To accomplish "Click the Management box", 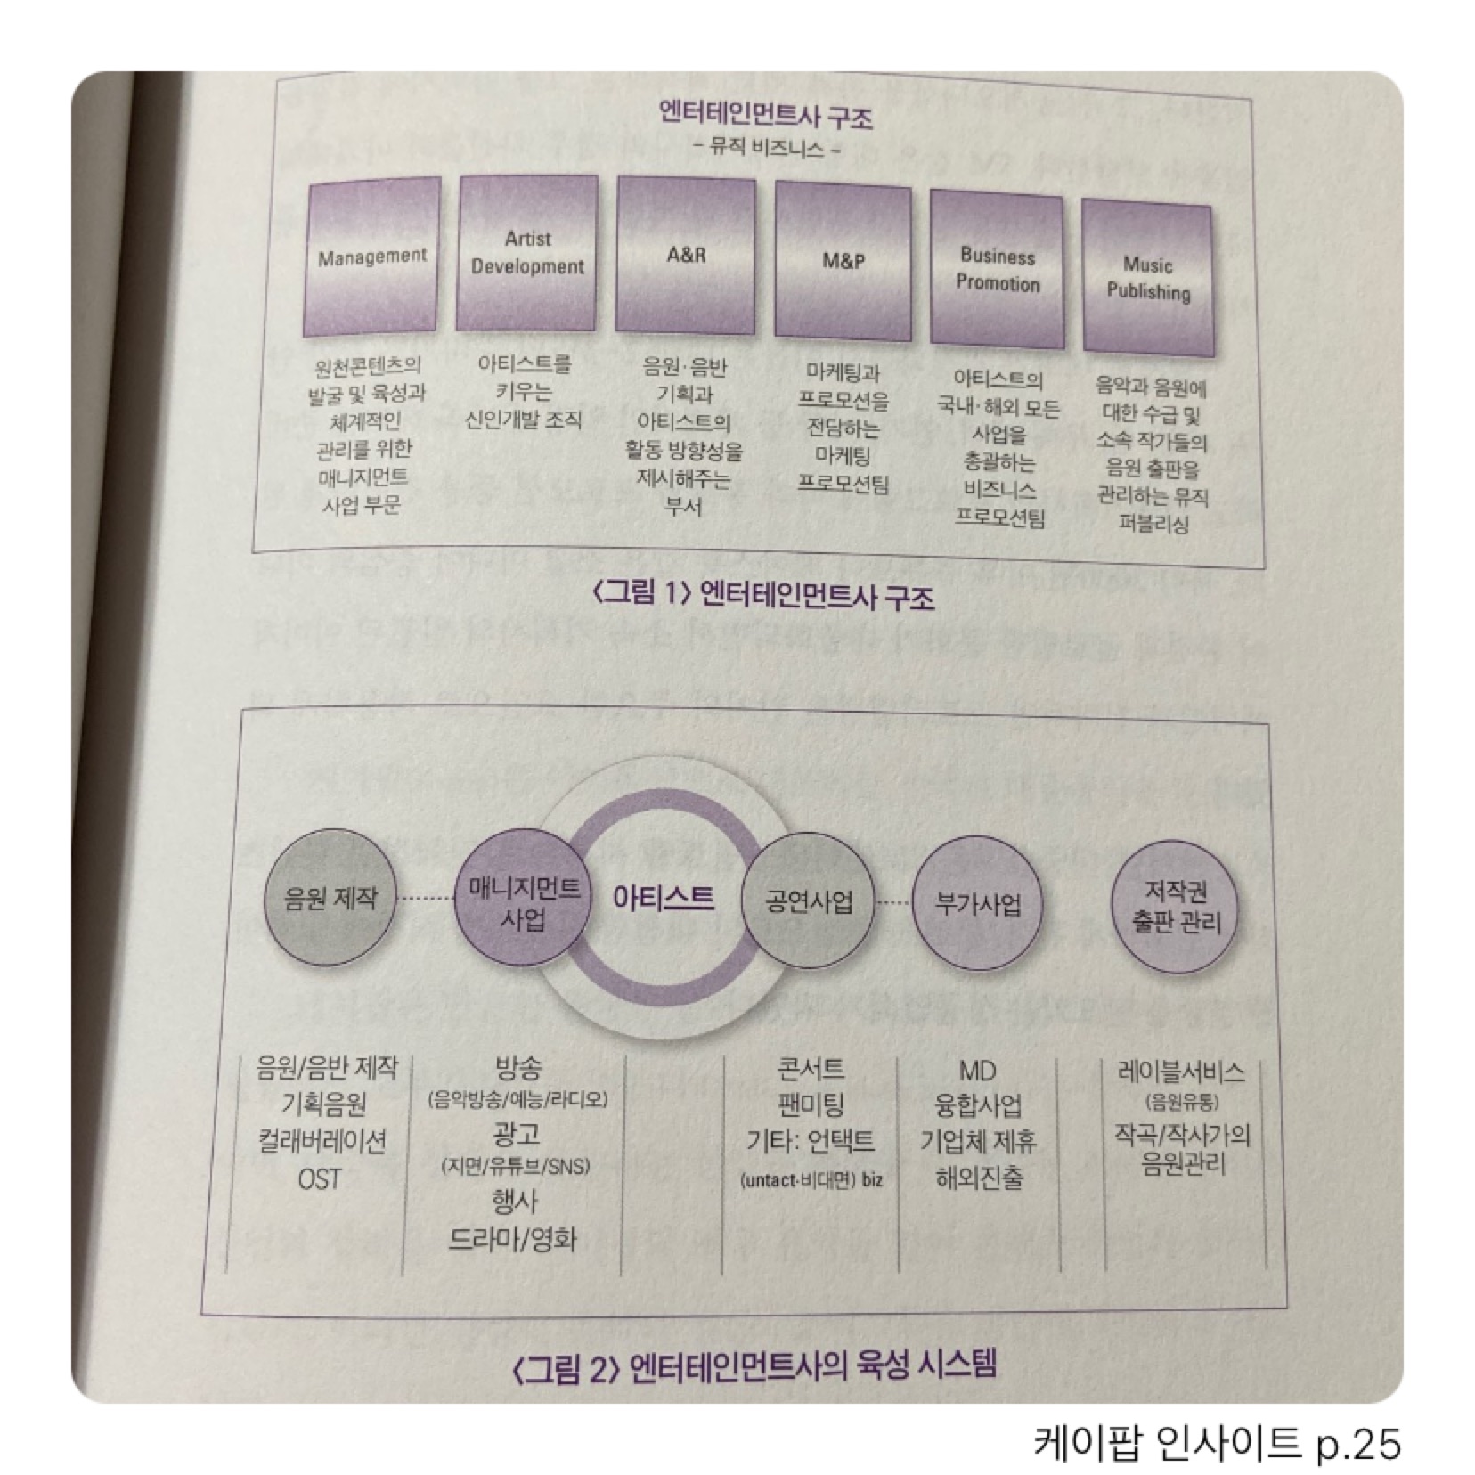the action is point(372,257).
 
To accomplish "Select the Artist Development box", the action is point(526,254).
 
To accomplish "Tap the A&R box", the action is point(686,256).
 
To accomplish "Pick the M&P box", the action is point(843,262).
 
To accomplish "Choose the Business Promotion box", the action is point(998,271).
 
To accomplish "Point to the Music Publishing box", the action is point(1147,278).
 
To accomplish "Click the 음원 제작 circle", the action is point(330,898).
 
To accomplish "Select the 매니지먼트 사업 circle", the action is point(523,903).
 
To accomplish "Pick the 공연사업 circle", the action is point(808,903).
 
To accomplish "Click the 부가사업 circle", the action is point(977,905).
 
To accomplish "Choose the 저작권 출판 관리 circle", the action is point(1177,907).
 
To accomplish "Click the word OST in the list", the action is point(319,1179).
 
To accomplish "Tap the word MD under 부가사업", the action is point(977,1071).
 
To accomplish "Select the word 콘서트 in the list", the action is point(811,1069).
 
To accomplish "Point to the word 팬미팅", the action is point(811,1105).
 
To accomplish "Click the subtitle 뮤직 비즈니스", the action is point(767,149).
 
